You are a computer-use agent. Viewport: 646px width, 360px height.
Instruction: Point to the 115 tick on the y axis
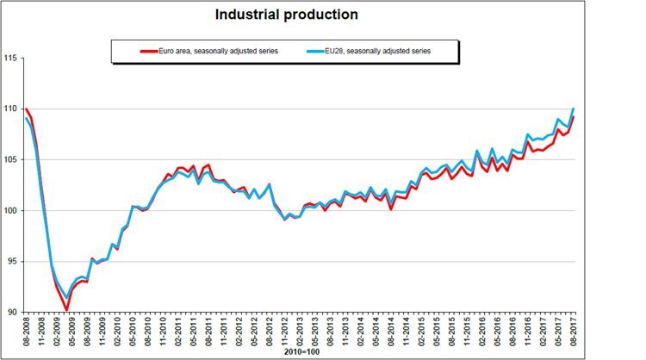11,58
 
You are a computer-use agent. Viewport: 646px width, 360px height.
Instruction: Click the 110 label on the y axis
11,109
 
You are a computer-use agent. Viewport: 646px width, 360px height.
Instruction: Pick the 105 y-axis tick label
11,159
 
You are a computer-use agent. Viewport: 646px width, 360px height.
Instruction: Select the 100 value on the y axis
11,210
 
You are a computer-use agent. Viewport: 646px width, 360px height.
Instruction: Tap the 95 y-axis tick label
13,261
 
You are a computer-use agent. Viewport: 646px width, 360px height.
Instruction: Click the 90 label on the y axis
13,312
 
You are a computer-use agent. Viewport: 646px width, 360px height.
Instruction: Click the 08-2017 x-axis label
574,332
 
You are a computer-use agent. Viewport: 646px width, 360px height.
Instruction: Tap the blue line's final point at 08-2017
574,109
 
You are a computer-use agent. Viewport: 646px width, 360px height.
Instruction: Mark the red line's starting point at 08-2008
26,109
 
